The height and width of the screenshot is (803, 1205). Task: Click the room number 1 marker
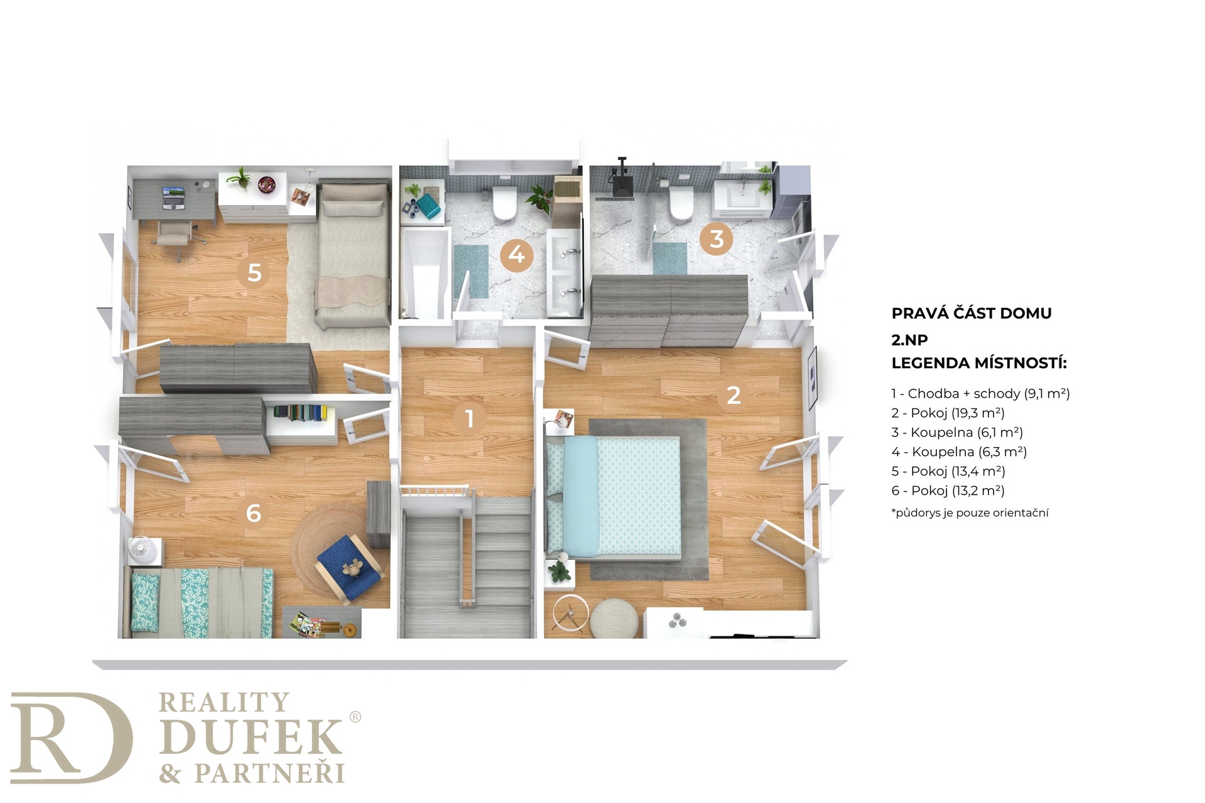tap(469, 418)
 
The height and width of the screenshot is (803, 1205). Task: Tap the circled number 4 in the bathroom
tap(517, 255)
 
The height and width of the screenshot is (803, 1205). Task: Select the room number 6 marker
tap(253, 513)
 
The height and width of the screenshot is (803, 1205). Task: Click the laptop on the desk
tap(173, 197)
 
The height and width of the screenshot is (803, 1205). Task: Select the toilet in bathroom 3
tap(680, 202)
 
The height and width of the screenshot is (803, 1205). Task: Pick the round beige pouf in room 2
tap(614, 618)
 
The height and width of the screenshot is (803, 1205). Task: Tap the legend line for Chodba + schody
tap(980, 393)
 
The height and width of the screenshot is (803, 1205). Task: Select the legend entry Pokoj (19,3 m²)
tap(948, 413)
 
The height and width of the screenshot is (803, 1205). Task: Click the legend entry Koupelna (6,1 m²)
tap(957, 432)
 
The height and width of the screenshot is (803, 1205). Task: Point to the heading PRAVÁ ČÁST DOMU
tap(972, 313)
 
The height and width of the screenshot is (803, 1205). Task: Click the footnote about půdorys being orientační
tap(970, 513)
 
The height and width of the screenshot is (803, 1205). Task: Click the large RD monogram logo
tap(71, 738)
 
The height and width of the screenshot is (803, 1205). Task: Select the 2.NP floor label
tap(909, 339)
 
